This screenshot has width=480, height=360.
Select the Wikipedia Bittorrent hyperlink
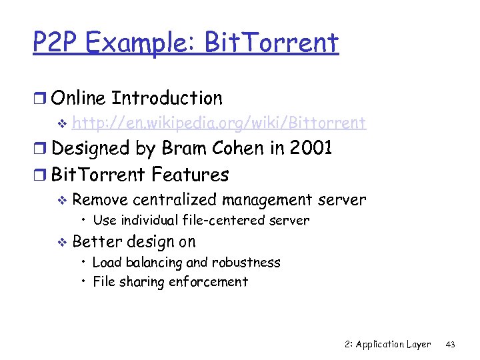pos(219,123)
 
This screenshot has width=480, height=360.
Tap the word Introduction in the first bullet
pos(167,99)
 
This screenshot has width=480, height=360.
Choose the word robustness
pos(248,263)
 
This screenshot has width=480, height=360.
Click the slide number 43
pos(450,345)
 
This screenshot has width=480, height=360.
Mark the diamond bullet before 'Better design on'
pos(63,242)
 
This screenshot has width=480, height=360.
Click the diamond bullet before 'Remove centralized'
pos(63,200)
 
